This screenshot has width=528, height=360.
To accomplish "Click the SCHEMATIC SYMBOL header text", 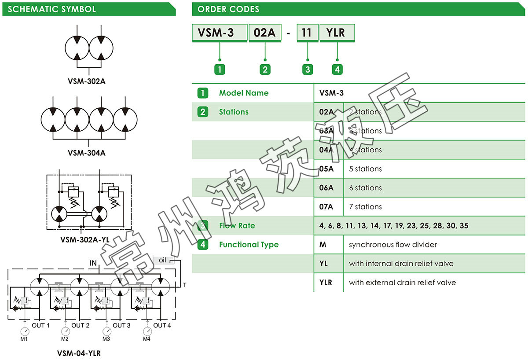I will pyautogui.click(x=51, y=9).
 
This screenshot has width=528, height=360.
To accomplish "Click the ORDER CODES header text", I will pyautogui.click(x=228, y=9).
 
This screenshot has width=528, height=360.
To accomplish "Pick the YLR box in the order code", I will pyautogui.click(x=337, y=33).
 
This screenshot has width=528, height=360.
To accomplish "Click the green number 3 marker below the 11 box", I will pyautogui.click(x=307, y=69).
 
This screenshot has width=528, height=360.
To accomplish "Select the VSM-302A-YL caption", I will pyautogui.click(x=84, y=240).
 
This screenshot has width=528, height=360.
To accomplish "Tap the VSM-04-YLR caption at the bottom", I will pyautogui.click(x=79, y=353).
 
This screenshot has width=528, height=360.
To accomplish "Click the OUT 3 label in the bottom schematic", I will pyautogui.click(x=121, y=326).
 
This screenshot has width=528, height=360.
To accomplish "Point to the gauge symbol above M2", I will pyautogui.click(x=66, y=331).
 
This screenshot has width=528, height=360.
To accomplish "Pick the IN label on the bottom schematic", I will pyautogui.click(x=93, y=263).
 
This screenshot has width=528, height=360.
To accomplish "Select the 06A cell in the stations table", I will pyautogui.click(x=326, y=188).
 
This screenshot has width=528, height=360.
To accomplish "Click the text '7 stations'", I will pyautogui.click(x=365, y=207).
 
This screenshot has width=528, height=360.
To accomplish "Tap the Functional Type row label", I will pyautogui.click(x=249, y=245).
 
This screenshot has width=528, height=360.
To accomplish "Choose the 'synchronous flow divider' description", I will pyautogui.click(x=393, y=245).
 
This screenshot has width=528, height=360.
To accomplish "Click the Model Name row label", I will pyautogui.click(x=243, y=93).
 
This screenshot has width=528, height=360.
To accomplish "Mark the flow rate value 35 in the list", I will pyautogui.click(x=464, y=226).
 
